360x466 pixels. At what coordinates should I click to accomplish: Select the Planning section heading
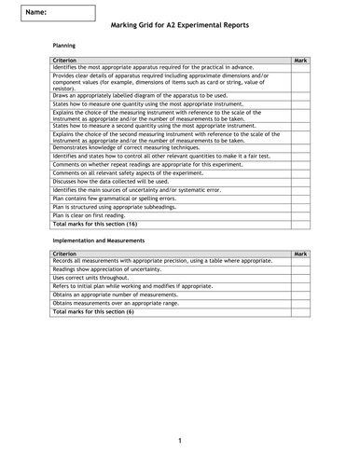64,45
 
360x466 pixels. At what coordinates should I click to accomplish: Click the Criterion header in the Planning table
66,60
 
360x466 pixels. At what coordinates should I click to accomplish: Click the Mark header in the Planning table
299,60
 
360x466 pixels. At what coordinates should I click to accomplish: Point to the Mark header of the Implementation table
299,254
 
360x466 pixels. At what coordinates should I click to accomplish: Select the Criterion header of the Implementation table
66,254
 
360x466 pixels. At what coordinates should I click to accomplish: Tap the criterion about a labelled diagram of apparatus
140,95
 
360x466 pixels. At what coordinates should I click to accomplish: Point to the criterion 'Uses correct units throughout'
94,278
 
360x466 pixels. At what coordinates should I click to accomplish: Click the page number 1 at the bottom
180,440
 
